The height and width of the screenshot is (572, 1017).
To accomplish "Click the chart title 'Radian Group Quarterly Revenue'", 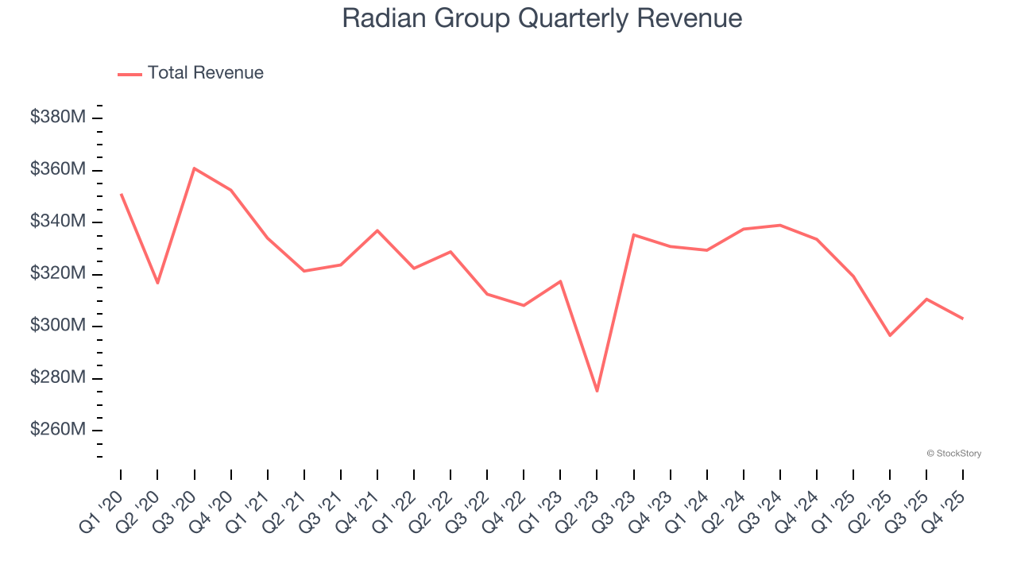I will coord(542,18).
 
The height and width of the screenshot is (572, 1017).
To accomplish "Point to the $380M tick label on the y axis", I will coord(58,118).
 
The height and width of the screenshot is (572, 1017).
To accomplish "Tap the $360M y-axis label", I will coord(58,169).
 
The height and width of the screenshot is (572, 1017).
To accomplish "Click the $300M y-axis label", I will coord(58,326).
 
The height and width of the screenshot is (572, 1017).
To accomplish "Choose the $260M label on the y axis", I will coord(58,430).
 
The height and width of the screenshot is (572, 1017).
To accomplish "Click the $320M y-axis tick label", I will coord(58,273).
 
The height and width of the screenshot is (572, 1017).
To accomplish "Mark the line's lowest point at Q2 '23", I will coord(597,391).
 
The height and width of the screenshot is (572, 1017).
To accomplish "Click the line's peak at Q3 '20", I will coord(194,168).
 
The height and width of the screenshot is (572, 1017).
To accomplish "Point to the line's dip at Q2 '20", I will coord(157,283).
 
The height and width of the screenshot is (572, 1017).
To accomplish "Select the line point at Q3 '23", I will coord(633,234).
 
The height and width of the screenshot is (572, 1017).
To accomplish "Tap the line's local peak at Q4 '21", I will coord(377,230).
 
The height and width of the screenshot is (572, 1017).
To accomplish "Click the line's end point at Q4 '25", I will coord(963,319).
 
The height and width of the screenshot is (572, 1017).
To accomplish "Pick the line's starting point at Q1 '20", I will coord(121,194).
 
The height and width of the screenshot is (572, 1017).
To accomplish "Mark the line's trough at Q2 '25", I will coord(890,335).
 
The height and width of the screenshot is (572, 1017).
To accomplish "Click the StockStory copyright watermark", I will coord(953,454).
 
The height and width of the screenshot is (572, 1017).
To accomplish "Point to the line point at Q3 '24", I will coord(780,225).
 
